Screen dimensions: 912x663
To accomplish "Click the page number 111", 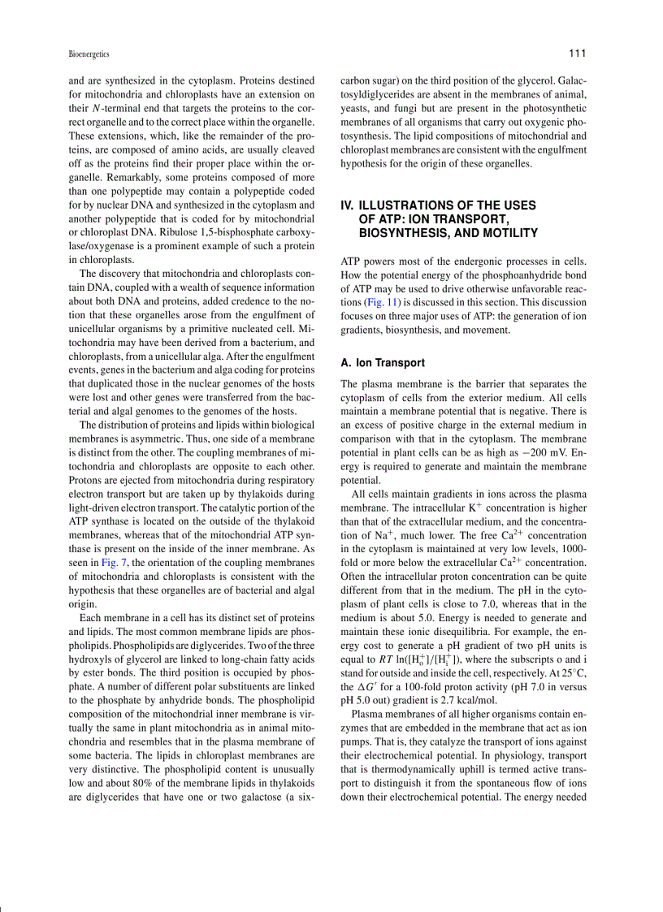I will pos(577,54).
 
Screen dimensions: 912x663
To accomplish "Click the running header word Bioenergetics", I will pos(89,54).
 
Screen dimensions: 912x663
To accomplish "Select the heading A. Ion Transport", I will pos(382,363).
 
